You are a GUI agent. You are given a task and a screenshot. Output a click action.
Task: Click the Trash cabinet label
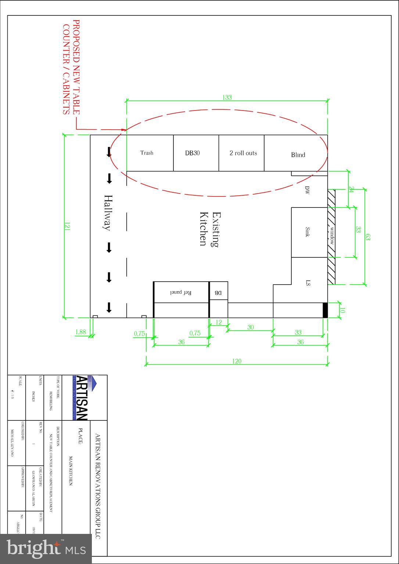[x=147, y=153]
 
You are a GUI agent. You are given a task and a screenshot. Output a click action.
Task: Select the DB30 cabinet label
[x=192, y=153]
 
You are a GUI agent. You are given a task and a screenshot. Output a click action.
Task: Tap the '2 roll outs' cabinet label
[x=243, y=153]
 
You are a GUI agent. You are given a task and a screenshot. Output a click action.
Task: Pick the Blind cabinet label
[x=298, y=155]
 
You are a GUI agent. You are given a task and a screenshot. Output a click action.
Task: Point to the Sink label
[x=308, y=232]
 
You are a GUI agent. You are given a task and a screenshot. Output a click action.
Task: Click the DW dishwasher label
[x=307, y=190]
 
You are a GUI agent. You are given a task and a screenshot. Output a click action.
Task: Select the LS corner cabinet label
[x=308, y=283]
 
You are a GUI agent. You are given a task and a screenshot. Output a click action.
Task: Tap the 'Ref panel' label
[x=181, y=293]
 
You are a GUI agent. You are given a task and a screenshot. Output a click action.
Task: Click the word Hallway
[x=107, y=213]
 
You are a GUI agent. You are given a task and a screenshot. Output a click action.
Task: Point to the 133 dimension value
[x=227, y=97]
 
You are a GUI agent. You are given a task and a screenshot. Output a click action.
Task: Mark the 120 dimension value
[x=237, y=361]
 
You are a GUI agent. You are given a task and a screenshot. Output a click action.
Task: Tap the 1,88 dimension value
[x=80, y=332]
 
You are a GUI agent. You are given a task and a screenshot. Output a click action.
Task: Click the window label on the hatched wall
[x=331, y=236]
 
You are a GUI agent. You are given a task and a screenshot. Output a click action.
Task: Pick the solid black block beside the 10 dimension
[x=325, y=310]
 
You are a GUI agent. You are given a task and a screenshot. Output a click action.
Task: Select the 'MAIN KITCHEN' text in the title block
[x=71, y=471]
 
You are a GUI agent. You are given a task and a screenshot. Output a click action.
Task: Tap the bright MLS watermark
[x=46, y=549]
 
